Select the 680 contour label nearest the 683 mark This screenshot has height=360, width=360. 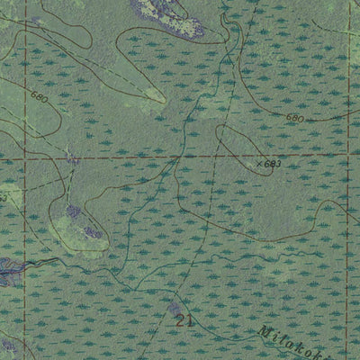(x=296, y=118)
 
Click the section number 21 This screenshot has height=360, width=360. (x=185, y=319)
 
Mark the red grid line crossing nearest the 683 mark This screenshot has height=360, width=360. (x=346, y=155)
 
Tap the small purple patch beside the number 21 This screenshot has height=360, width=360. (x=173, y=310)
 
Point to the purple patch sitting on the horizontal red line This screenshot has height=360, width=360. (x=72, y=159)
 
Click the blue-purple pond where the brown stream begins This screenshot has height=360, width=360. (x=9, y=266)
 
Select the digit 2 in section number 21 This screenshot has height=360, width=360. (x=182, y=319)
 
